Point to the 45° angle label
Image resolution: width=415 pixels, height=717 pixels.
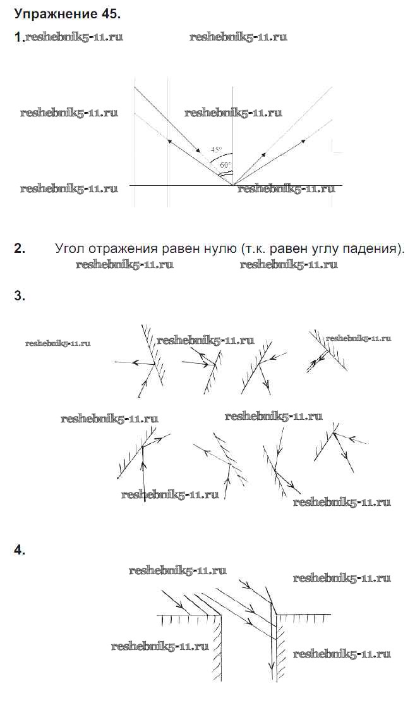(x=217, y=150)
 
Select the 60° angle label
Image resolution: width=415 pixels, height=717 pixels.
(x=226, y=165)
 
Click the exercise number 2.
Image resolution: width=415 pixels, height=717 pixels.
(x=19, y=248)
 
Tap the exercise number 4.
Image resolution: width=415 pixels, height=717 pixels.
(x=19, y=551)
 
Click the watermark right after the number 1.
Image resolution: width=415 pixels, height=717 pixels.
(x=74, y=37)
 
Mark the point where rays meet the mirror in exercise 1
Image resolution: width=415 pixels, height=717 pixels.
(x=233, y=185)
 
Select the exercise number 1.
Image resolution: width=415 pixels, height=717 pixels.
(x=18, y=37)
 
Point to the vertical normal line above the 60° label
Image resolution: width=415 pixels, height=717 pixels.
(x=233, y=126)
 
